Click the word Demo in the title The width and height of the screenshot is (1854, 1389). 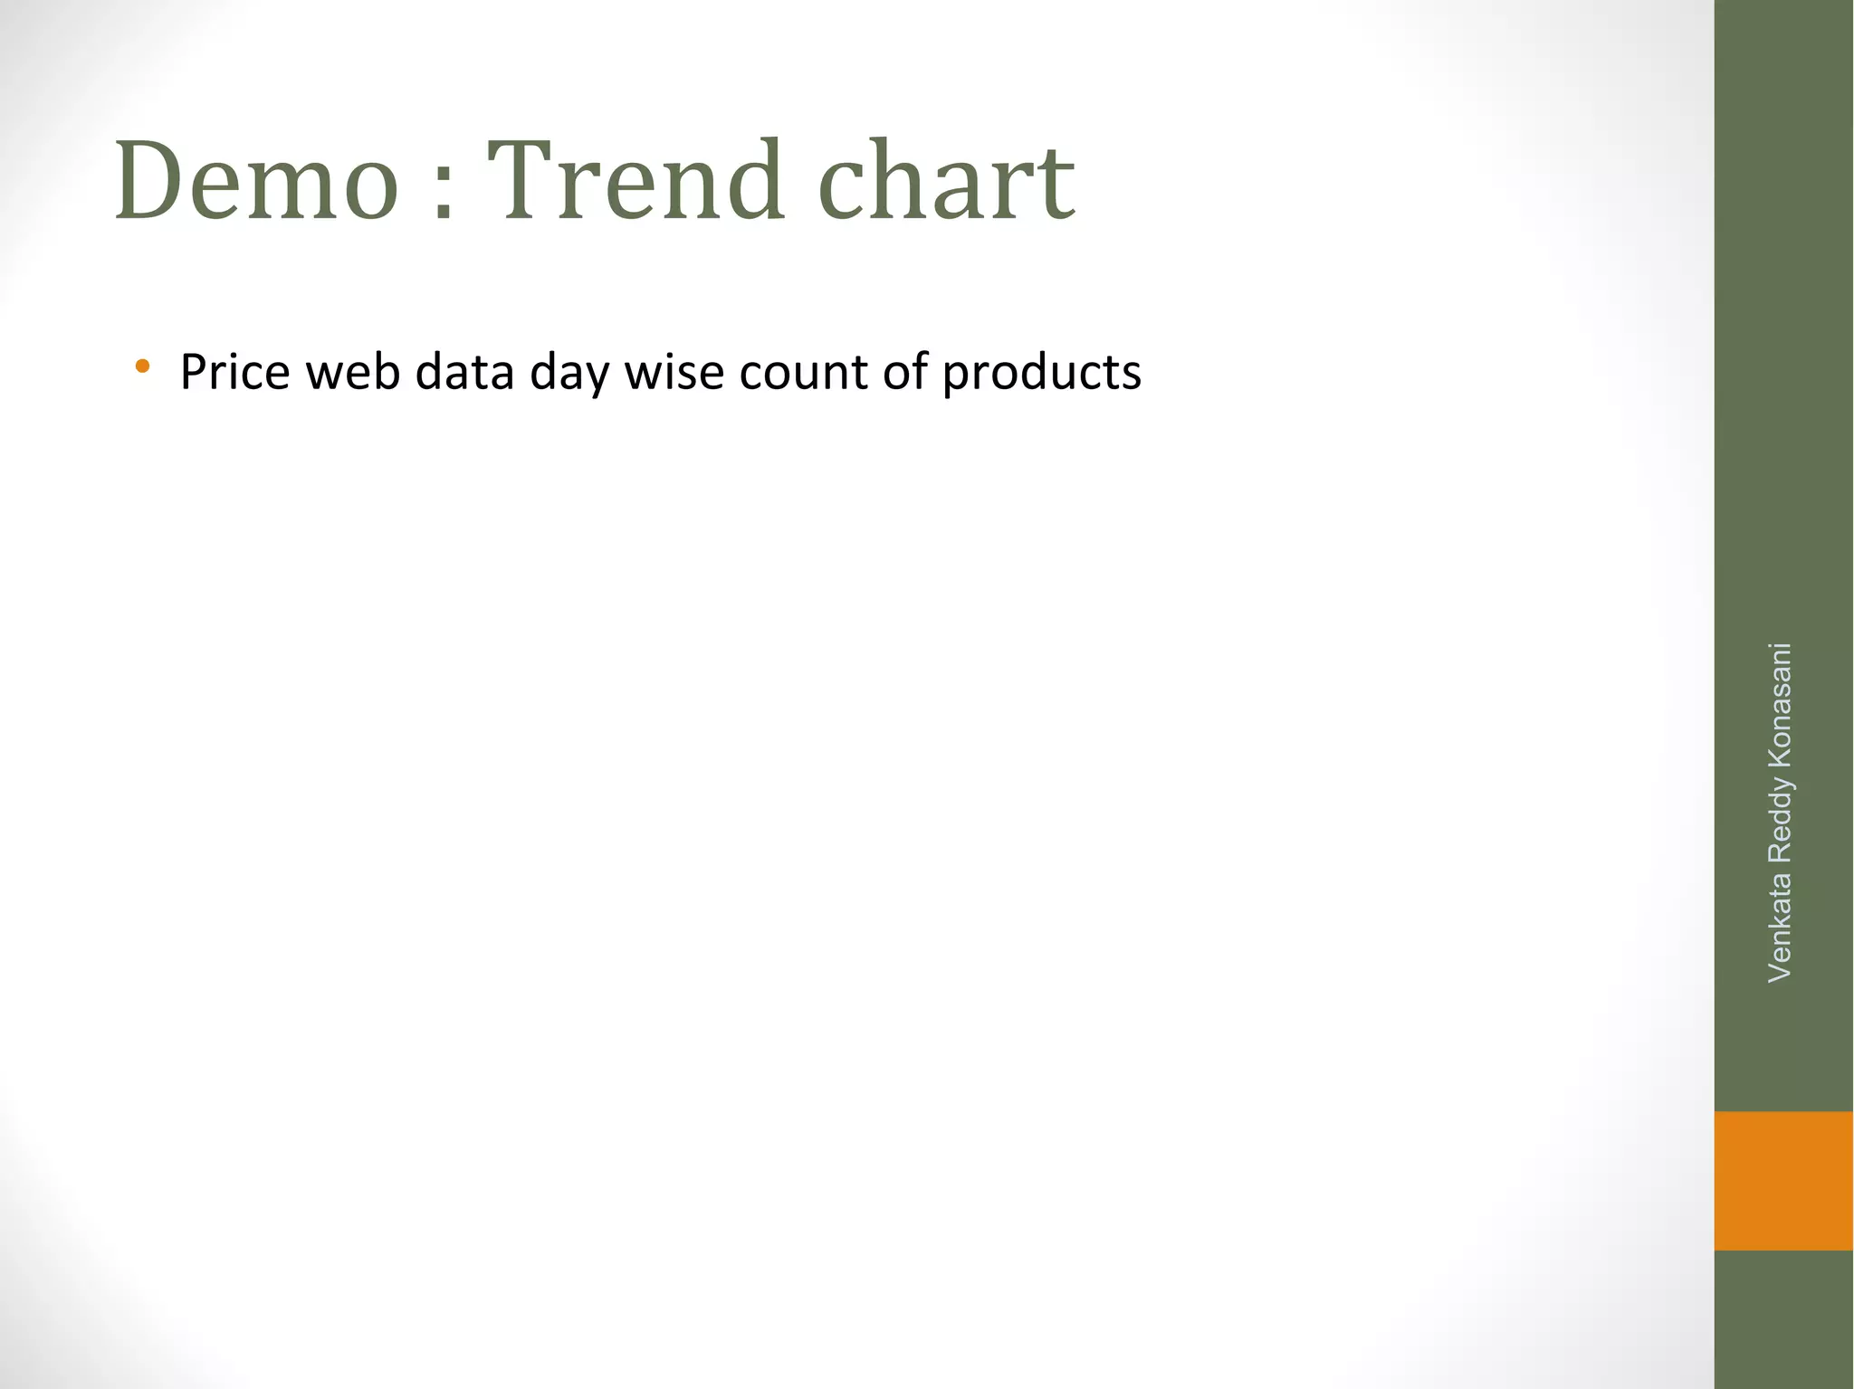256,181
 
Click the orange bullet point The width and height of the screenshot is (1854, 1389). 141,367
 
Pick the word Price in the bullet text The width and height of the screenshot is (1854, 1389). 234,372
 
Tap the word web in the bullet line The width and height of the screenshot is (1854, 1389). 353,372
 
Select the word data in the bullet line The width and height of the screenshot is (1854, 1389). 464,372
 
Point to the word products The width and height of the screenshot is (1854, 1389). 1041,374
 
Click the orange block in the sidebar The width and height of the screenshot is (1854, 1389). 1783,1180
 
